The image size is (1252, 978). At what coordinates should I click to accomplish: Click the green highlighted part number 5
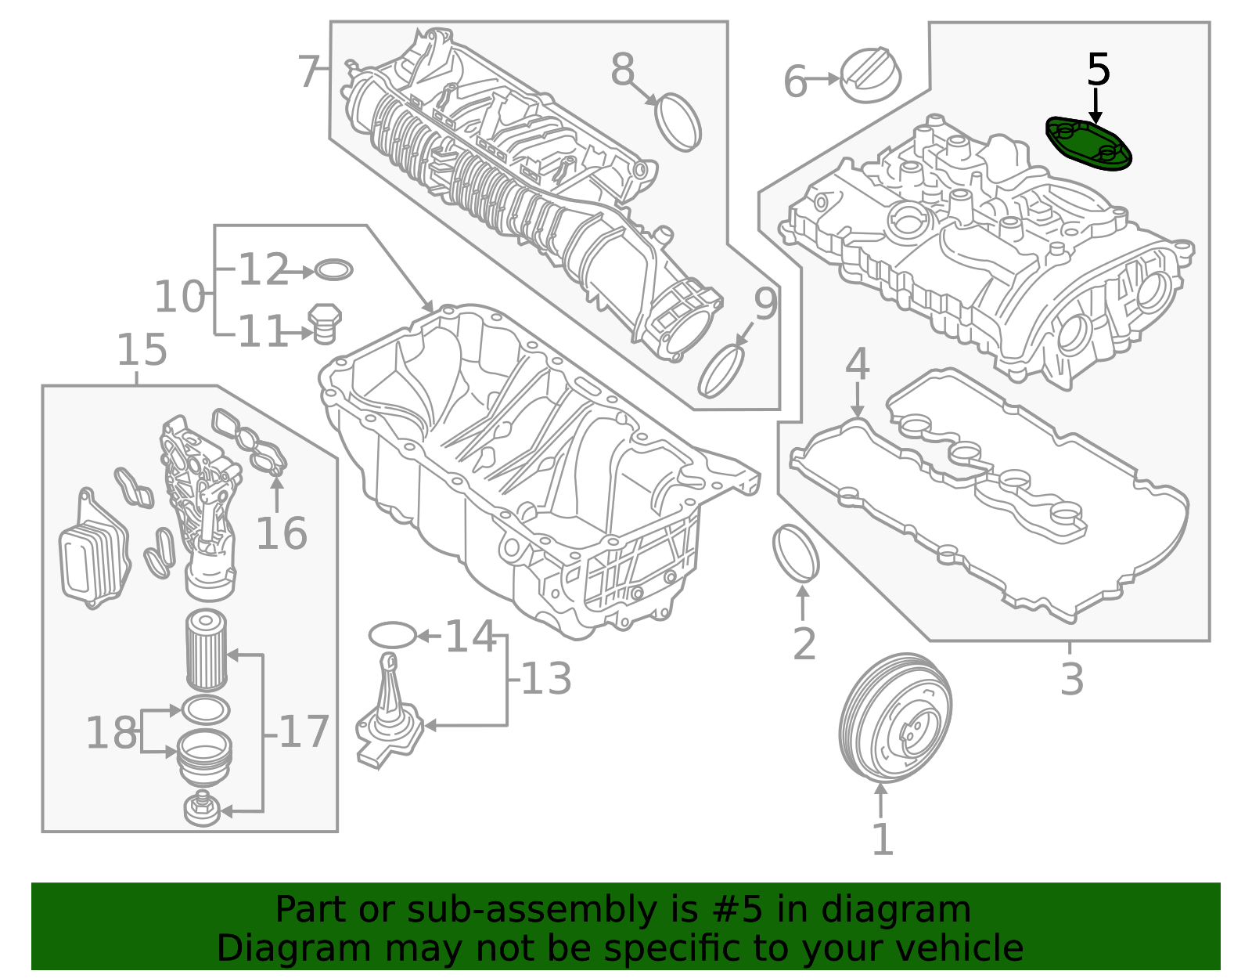[1089, 143]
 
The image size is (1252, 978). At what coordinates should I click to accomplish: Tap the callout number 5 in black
[1099, 70]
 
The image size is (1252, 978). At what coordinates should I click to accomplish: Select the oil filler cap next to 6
[870, 75]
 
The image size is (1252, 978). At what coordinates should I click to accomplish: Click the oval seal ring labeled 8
[678, 121]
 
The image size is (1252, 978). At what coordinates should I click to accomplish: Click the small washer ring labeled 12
[333, 271]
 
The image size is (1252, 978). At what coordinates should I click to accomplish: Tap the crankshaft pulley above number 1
[894, 718]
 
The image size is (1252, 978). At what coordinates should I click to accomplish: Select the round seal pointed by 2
[795, 554]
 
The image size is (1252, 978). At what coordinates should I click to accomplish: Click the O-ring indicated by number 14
[391, 635]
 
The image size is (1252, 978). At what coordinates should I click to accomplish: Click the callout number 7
[310, 72]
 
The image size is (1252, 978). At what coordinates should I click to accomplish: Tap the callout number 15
[142, 350]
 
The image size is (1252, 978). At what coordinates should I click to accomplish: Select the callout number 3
[1072, 679]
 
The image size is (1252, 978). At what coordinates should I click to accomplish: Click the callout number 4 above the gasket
[858, 364]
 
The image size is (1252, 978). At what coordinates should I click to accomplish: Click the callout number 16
[281, 534]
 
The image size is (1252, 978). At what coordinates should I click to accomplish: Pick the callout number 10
[179, 297]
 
